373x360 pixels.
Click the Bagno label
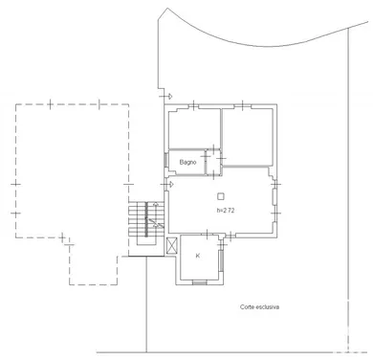[187, 163]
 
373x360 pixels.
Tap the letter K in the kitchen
[198, 256]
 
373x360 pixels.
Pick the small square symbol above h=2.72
[221, 195]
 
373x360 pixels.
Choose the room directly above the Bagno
[194, 129]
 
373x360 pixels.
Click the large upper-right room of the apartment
[250, 134]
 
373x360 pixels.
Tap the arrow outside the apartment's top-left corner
[168, 96]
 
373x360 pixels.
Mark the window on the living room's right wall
[279, 201]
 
